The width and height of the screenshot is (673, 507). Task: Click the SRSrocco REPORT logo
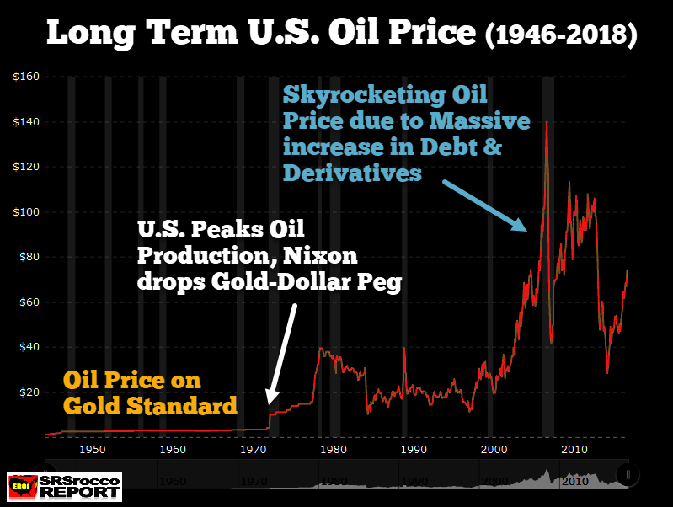pyautogui.click(x=62, y=487)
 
